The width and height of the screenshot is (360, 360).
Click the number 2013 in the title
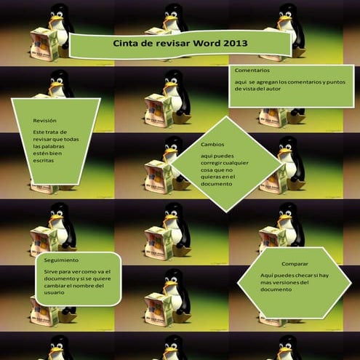tap(235, 43)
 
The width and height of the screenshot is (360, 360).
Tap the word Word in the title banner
tap(207, 43)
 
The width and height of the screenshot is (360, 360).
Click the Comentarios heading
tap(252, 71)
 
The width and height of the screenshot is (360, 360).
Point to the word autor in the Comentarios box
tap(273, 89)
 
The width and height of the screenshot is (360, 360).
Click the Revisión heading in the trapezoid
tap(44, 121)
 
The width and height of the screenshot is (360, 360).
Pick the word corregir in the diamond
tap(211, 163)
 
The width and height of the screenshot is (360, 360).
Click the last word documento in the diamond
tap(216, 184)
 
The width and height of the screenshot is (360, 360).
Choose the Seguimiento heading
tap(61, 260)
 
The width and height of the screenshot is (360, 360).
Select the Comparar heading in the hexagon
tap(295, 264)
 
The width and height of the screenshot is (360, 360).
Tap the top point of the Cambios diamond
tap(226, 116)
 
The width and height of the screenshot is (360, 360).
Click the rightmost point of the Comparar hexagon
tap(351, 282)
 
